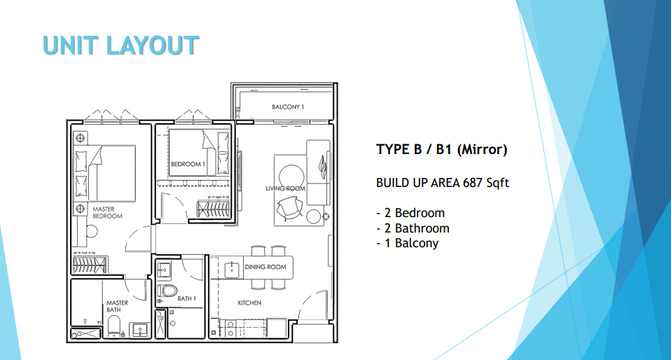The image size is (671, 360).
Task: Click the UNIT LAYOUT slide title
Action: (120, 45)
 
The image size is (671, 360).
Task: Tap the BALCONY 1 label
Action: (288, 107)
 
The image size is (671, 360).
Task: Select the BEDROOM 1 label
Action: (188, 165)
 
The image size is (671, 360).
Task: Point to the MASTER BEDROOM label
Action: (107, 212)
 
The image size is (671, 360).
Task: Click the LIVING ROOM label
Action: (285, 188)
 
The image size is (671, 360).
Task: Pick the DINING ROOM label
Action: (265, 267)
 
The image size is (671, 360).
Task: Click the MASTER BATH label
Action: (117, 306)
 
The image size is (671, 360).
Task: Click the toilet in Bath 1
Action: (168, 290)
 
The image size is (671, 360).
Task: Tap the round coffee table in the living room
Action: (291, 175)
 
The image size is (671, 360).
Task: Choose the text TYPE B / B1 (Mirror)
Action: (441, 149)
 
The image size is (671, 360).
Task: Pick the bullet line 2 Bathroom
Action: (413, 228)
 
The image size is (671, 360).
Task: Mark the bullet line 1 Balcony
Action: (407, 244)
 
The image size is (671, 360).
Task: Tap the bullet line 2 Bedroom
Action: (410, 213)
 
